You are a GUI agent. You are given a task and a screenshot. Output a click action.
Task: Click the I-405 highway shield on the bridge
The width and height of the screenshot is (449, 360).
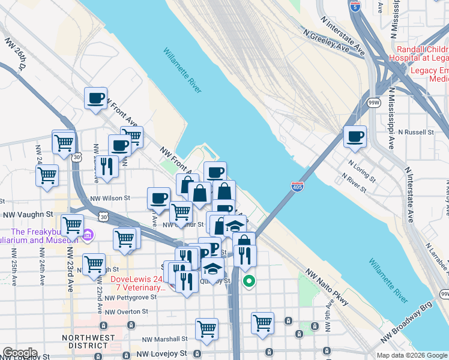tap(297, 187)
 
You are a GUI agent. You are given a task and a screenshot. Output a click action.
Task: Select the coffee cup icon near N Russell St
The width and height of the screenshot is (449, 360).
tap(355, 136)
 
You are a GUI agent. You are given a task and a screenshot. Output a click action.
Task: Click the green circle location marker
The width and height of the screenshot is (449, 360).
tap(249, 280)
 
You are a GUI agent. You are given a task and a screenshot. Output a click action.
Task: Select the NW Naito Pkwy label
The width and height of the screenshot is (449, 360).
tap(327, 286)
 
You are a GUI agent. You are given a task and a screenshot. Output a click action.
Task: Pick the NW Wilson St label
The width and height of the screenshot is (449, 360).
tap(110, 197)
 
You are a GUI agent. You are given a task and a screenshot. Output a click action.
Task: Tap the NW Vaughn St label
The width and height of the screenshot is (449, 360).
tap(28, 213)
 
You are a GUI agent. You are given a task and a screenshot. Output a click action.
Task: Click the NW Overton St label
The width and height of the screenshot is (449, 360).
tap(126, 311)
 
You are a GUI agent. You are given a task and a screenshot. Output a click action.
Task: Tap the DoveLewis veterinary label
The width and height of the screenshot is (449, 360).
tap(137, 283)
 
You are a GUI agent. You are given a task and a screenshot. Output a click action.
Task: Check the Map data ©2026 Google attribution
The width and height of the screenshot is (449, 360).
tap(412, 355)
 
